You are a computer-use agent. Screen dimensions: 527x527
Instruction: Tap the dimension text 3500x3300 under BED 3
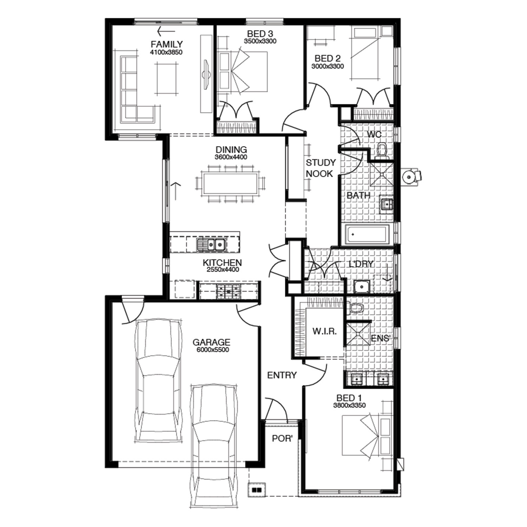(260, 41)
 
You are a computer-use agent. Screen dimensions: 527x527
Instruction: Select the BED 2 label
(327, 58)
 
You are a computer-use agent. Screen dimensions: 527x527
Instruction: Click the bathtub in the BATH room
(367, 235)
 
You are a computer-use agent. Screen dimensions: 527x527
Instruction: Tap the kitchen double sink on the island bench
(210, 244)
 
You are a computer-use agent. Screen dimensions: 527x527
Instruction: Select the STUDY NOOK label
(320, 168)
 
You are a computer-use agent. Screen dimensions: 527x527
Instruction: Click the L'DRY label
(361, 264)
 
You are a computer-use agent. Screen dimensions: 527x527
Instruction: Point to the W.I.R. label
(325, 331)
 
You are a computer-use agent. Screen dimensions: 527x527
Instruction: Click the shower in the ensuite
(359, 333)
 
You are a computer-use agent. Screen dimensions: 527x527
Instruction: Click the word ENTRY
(282, 375)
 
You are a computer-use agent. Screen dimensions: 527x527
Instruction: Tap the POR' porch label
(282, 439)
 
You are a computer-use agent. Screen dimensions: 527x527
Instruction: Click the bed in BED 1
(367, 436)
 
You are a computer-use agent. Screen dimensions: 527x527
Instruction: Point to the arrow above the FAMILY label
(166, 31)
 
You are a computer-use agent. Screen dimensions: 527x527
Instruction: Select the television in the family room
(207, 74)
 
